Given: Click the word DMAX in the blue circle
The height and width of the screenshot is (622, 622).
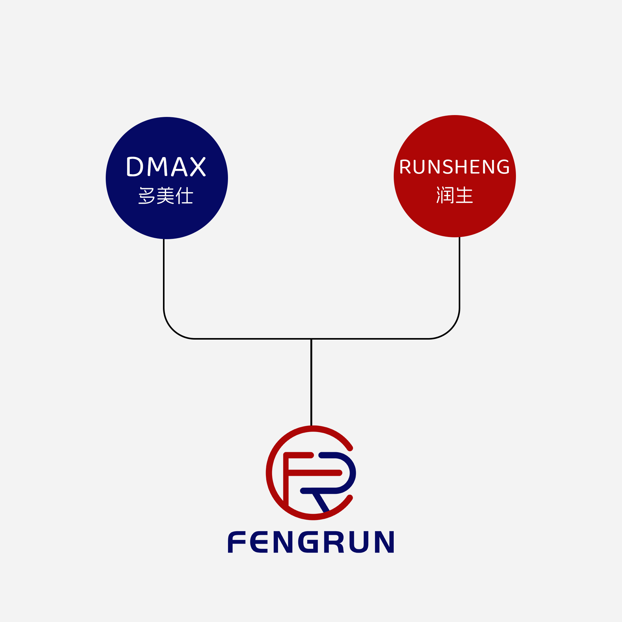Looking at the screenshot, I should (x=166, y=166).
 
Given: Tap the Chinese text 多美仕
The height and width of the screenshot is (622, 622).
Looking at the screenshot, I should (x=166, y=195).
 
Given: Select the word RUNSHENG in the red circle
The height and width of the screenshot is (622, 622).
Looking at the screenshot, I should (x=454, y=167).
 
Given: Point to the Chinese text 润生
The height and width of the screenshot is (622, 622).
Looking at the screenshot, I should (x=455, y=195).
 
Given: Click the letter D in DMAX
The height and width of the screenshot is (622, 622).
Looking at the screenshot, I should (x=135, y=166).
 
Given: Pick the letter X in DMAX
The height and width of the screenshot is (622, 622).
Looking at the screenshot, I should (x=198, y=166).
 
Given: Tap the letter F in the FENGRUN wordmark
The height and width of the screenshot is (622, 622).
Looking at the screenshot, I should (x=237, y=542).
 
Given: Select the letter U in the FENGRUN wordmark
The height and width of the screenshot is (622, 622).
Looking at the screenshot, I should (x=359, y=542).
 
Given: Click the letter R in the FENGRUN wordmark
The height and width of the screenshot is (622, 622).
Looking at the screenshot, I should (x=333, y=542).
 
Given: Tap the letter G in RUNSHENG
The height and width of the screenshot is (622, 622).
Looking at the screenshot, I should (x=503, y=167).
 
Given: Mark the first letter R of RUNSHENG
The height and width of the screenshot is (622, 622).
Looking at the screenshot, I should (x=405, y=167).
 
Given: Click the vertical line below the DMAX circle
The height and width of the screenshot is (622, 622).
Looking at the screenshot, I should (x=164, y=274).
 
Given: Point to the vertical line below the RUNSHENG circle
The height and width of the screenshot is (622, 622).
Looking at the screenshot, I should (x=459, y=274).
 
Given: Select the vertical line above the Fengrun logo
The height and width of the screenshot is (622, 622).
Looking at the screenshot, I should (x=311, y=383).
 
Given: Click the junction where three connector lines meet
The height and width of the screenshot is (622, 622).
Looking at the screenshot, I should (x=311, y=339).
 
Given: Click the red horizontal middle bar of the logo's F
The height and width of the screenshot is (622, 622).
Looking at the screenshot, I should (x=314, y=473).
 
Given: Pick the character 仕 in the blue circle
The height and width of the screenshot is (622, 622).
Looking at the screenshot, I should (x=185, y=195).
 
